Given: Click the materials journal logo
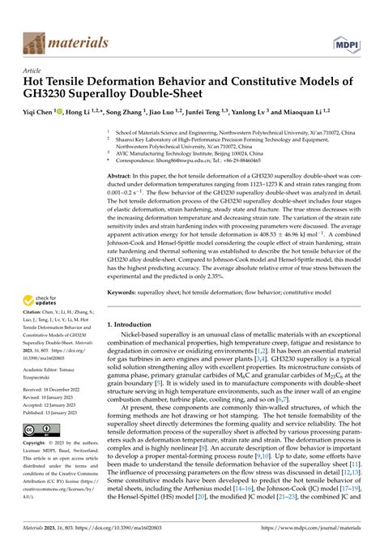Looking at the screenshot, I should pos(58,40).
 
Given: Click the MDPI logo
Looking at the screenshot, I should pos(348,41).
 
